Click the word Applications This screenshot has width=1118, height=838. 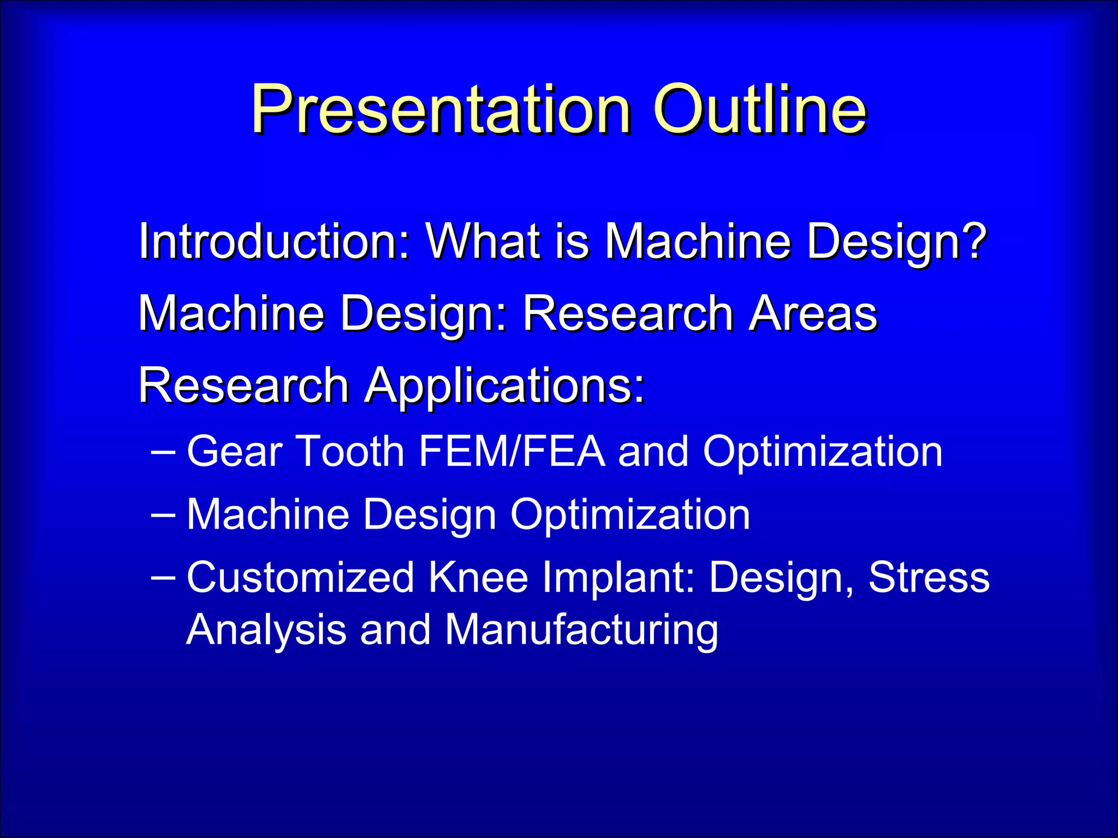point(505,386)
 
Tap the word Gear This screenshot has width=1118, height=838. point(235,452)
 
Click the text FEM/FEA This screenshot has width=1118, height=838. point(512,452)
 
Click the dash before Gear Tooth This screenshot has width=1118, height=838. point(163,452)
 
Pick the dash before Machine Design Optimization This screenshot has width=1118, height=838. point(163,514)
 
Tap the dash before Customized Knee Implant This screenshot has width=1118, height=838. point(163,577)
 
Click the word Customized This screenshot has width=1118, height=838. point(301,577)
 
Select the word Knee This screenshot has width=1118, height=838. point(478,577)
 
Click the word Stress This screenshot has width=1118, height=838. point(929,577)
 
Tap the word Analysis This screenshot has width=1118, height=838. point(266,630)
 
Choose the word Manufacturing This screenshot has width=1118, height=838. point(581,630)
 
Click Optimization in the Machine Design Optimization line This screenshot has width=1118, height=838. point(630,514)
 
